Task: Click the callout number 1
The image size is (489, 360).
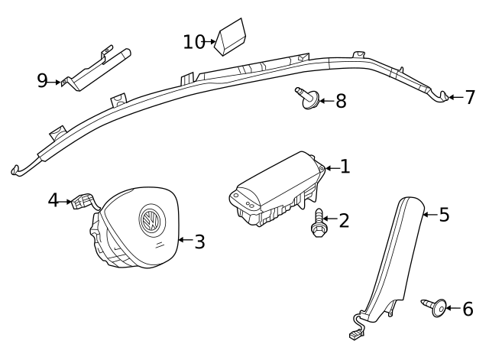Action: point(345,166)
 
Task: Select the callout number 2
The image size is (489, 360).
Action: point(344,221)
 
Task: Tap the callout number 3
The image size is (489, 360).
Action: point(199,242)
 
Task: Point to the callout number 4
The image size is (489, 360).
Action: point(53,200)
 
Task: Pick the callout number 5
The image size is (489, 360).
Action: point(444,215)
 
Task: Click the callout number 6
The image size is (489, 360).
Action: point(468,309)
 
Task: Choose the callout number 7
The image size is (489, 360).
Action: point(470,97)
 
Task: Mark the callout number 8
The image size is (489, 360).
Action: point(341,100)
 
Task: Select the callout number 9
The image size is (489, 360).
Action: point(42,80)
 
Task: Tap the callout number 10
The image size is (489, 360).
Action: point(194,41)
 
